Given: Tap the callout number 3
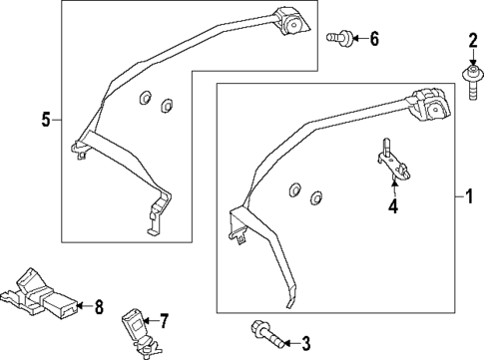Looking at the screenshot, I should click(305, 344).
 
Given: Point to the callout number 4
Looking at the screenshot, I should click(392, 207).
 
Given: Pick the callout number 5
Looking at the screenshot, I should click(46, 121).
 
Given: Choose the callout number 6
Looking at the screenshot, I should click(374, 39).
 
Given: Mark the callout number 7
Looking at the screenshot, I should click(165, 320).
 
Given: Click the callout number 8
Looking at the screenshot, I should click(98, 306).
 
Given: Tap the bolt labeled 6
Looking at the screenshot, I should click(336, 37).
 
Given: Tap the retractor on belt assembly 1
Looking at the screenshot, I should click(428, 105).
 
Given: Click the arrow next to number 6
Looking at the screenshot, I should click(358, 39).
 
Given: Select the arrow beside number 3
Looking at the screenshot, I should click(288, 344).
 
